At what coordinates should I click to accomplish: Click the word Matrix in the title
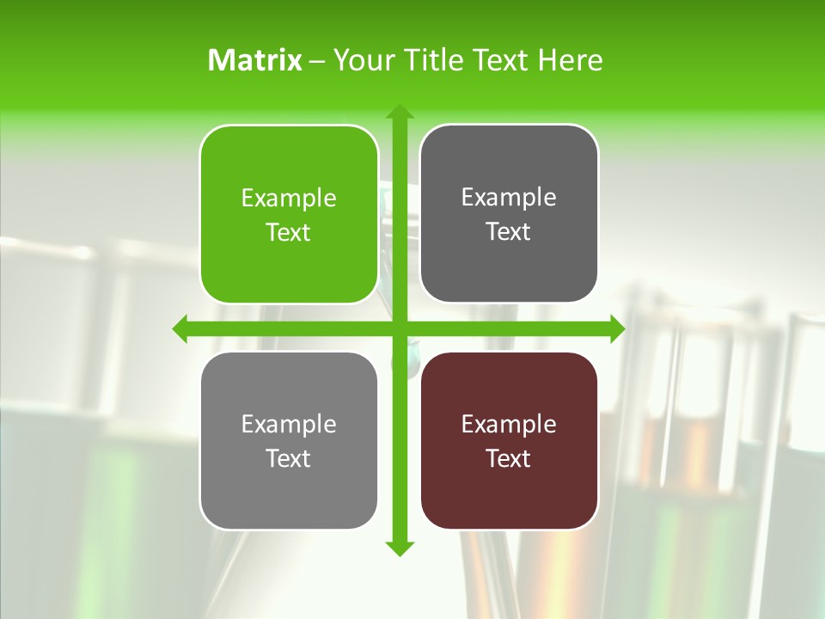[255, 60]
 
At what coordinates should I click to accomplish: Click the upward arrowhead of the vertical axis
[399, 113]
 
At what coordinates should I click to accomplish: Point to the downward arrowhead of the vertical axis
[399, 548]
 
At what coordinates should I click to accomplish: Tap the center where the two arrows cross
[399, 329]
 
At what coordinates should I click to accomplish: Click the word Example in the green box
[289, 199]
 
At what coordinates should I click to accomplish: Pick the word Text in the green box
[289, 233]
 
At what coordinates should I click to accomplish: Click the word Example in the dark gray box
[509, 198]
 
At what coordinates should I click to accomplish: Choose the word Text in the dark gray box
[509, 232]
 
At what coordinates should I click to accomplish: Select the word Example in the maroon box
[509, 424]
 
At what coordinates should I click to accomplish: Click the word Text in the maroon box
[509, 458]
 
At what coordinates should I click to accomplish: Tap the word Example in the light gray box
[289, 424]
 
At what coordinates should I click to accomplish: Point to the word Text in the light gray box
[289, 458]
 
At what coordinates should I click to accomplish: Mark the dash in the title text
[317, 61]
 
